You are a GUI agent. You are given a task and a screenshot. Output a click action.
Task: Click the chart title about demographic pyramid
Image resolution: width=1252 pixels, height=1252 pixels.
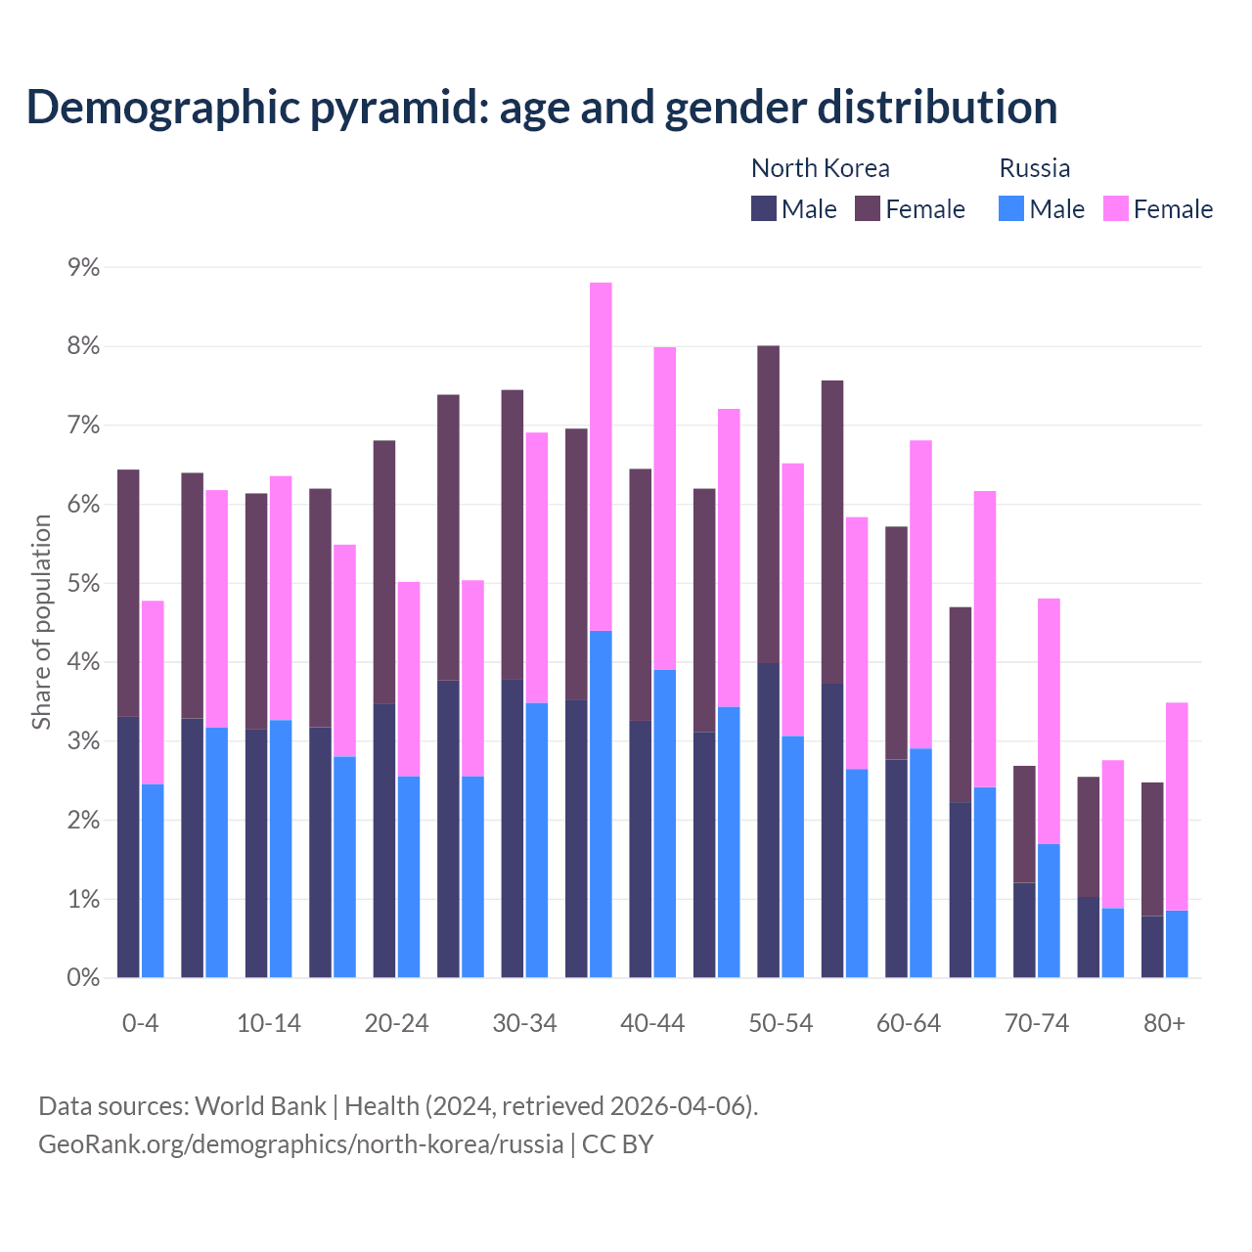(x=541, y=108)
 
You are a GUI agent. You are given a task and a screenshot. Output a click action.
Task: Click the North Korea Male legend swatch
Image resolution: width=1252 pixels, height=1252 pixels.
(x=763, y=208)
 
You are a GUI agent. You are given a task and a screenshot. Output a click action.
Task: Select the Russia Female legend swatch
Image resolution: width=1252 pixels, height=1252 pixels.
(x=1115, y=208)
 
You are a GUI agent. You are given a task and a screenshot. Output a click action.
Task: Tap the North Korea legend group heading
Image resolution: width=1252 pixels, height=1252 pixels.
(x=820, y=168)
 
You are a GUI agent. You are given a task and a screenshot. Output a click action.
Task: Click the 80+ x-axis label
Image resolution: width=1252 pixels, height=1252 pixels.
(x=1164, y=1023)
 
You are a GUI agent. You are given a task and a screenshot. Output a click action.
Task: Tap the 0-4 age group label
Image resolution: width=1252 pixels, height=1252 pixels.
(x=140, y=1023)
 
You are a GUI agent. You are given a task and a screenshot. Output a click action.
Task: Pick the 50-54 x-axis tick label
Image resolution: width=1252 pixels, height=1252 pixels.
(x=781, y=1023)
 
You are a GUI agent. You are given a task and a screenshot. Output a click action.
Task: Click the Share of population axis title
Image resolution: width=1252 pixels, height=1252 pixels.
(x=41, y=622)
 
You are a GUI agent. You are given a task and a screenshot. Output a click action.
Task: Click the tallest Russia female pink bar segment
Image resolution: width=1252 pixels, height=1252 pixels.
(x=601, y=457)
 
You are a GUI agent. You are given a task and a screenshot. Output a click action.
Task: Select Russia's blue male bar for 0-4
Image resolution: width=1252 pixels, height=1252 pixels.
(x=153, y=880)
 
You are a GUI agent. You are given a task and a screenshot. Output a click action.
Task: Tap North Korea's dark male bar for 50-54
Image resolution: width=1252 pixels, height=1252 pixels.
(x=768, y=820)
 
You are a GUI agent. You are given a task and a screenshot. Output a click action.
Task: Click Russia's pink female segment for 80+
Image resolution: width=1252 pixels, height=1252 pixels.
(x=1177, y=806)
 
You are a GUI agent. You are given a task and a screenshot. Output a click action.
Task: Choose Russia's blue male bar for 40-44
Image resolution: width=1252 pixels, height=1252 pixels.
(x=665, y=824)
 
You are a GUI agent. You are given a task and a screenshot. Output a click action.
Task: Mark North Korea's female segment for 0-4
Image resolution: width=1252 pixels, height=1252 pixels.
(x=128, y=593)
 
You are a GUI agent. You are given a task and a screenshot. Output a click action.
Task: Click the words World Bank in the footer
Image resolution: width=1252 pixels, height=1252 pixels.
(x=260, y=1106)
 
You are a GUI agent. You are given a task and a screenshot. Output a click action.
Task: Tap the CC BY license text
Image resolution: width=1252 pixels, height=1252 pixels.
(x=617, y=1144)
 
